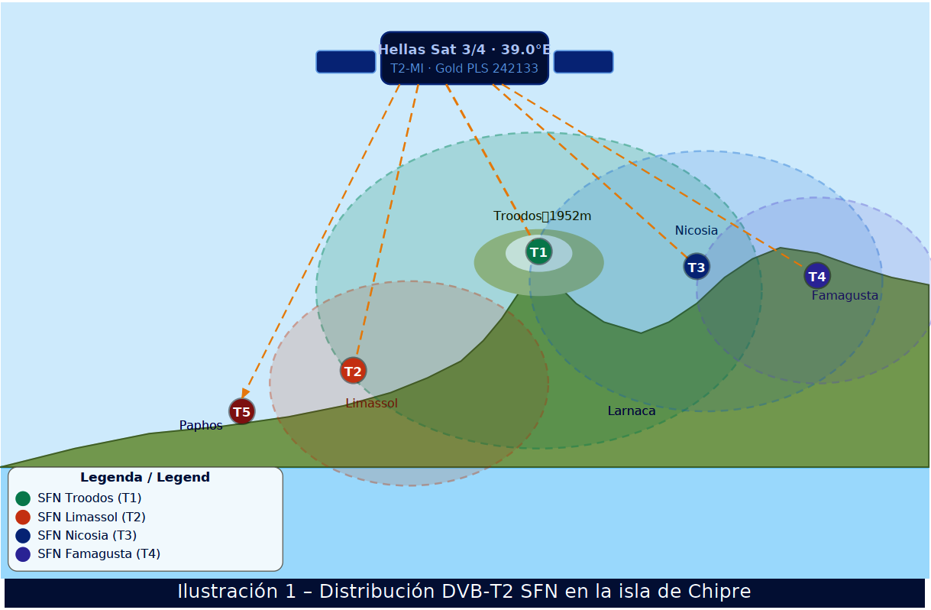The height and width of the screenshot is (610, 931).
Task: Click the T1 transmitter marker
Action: coord(538,251)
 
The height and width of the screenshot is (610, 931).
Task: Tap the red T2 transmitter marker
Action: coord(353,371)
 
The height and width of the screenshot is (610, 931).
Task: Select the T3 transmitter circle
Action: coord(697,267)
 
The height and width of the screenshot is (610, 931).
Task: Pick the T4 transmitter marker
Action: coord(817,276)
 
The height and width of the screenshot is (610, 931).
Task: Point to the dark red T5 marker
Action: coord(241,411)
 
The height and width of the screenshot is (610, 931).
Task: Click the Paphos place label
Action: coord(201,426)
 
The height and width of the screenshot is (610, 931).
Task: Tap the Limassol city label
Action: coord(371,404)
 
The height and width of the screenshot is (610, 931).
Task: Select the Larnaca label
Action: coord(632,411)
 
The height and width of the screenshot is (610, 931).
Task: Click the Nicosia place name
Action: coord(696,231)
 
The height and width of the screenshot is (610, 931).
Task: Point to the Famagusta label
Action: coord(845,296)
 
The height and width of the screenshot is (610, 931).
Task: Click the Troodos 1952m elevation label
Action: coord(542,216)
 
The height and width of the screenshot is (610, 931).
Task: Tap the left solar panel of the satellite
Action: coord(346,62)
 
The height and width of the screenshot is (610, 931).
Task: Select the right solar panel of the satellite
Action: coord(583,62)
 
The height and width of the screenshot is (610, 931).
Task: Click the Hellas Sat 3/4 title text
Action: coord(464,50)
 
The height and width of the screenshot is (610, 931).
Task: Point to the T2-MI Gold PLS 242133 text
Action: coord(464,69)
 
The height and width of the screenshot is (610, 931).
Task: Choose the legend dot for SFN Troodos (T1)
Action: coord(23,498)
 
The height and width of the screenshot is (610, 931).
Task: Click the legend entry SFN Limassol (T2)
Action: coord(91,518)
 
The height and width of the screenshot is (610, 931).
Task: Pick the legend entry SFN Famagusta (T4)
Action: coord(99,554)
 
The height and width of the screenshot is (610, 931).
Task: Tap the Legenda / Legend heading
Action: coord(145,478)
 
